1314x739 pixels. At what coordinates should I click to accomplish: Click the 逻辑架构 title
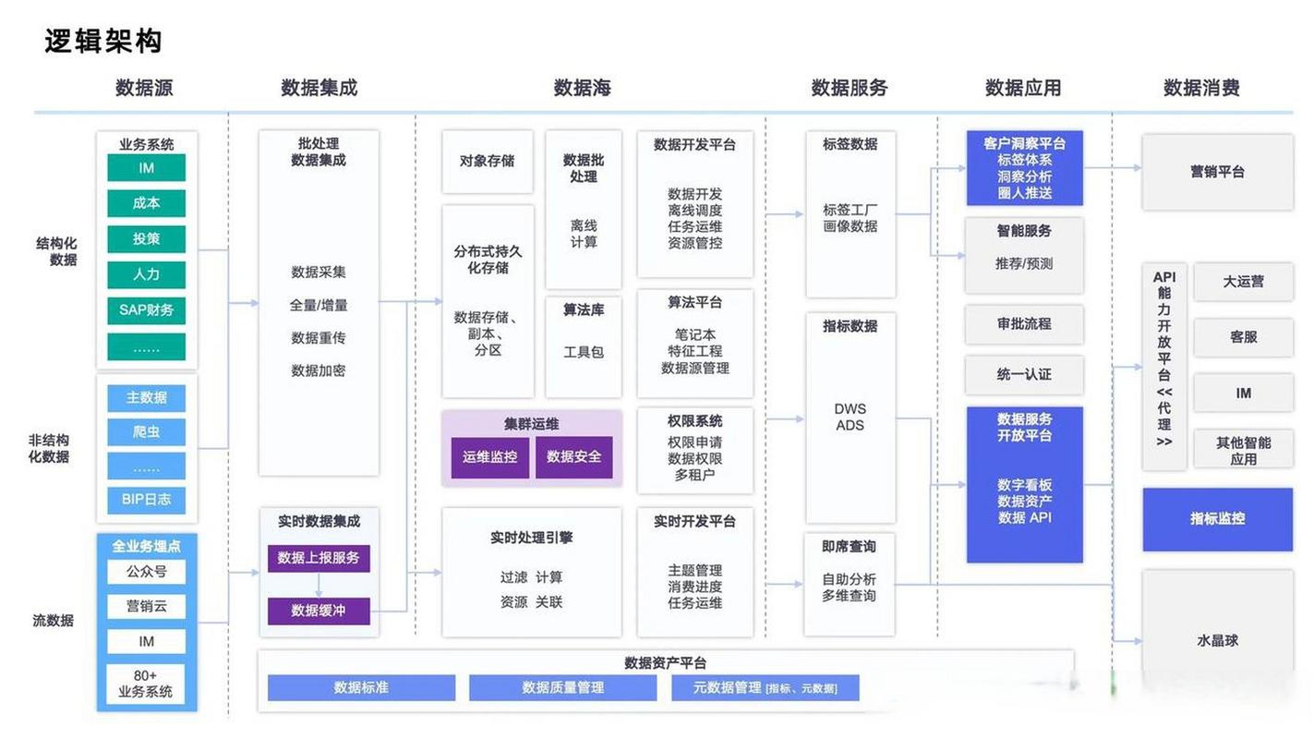point(103,42)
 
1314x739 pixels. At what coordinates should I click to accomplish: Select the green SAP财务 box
point(146,309)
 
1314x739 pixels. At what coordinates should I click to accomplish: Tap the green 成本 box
point(146,203)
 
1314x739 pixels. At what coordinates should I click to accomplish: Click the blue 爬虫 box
point(146,431)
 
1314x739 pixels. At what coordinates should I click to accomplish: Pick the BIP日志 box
point(146,499)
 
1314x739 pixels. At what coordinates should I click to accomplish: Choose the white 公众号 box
point(146,572)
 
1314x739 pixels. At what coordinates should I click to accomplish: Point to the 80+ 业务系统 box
point(146,684)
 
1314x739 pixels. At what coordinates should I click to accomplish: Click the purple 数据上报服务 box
point(319,558)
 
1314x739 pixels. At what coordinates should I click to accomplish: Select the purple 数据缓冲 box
point(319,611)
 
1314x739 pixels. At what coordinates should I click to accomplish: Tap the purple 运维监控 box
point(489,456)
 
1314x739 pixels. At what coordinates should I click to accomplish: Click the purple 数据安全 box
point(573,456)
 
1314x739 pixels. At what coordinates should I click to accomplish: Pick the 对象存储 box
point(488,161)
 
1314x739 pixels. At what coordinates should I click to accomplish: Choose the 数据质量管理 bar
point(562,687)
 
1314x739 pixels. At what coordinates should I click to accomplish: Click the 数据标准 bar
point(361,687)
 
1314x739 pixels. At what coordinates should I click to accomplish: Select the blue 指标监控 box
point(1217,519)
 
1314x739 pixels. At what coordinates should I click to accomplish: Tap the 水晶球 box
point(1217,639)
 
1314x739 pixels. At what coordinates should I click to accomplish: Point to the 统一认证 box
point(1024,374)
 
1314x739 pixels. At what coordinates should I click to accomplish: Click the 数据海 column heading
point(582,88)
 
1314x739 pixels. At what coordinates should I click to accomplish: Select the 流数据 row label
point(53,621)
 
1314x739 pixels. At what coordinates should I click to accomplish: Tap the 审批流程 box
point(1024,324)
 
